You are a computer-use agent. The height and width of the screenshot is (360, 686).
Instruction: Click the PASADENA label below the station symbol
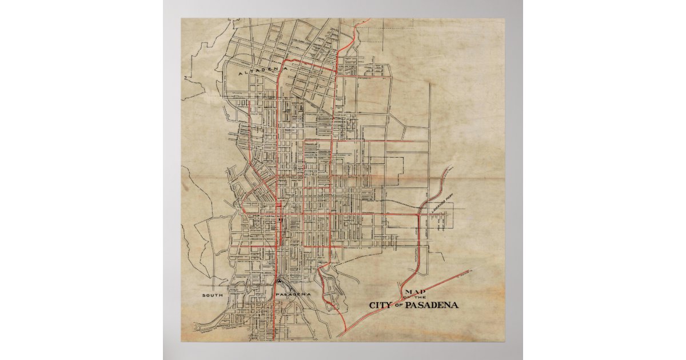[x=293, y=294]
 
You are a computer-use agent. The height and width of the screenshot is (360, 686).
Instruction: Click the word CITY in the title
[x=380, y=305]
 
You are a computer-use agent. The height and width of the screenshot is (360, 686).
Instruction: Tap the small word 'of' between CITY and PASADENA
[x=398, y=306]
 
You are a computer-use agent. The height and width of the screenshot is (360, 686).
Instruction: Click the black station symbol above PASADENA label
[x=278, y=281]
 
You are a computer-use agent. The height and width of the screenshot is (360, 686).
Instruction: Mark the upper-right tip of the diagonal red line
[x=471, y=271]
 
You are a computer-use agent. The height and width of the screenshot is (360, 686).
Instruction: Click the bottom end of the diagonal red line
[x=337, y=337]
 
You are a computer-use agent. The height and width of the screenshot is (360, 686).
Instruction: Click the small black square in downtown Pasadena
[x=279, y=219]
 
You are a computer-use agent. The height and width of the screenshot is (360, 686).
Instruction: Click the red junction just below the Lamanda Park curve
[x=420, y=214]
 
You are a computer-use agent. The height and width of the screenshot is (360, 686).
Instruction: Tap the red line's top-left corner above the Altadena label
[x=285, y=59]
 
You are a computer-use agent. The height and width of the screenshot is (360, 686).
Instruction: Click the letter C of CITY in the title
[x=373, y=305]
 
